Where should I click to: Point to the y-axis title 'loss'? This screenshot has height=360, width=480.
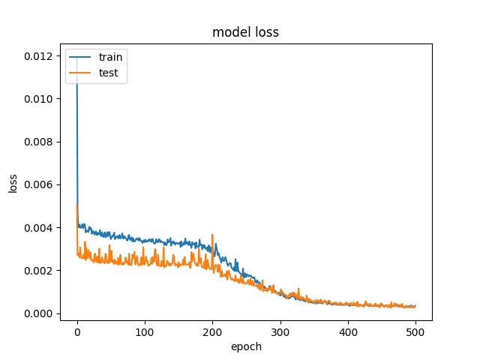pos(13,182)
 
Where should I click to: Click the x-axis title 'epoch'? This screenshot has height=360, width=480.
pos(246,346)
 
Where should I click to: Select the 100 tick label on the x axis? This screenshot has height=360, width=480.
pos(145,331)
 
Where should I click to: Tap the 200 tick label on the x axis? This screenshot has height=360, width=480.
pos(212,331)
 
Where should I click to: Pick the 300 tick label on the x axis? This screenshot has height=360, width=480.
pos(280,331)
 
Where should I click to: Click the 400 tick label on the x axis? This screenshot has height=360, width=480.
pos(348,331)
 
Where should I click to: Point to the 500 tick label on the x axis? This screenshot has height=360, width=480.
pos(415,331)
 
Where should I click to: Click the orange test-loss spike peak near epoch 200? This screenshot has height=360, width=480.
pos(212,235)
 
